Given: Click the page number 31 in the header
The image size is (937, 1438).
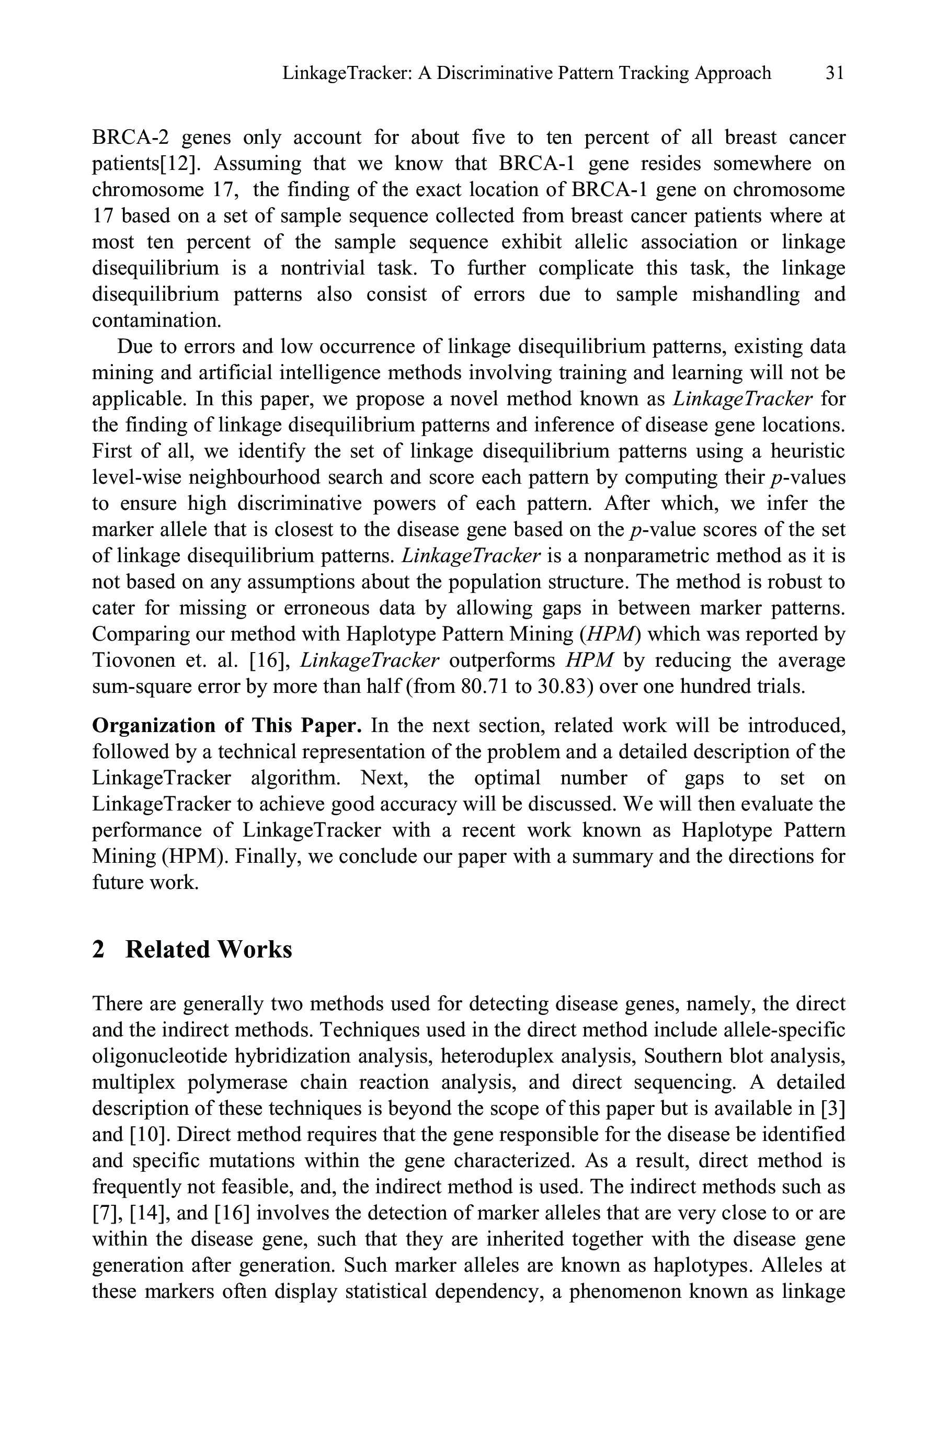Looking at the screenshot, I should click(x=835, y=73).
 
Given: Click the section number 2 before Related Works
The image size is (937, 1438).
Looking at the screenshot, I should click(x=98, y=950).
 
